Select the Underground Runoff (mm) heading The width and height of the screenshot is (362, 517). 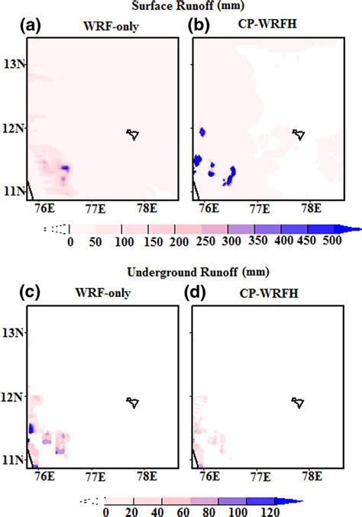click(180, 272)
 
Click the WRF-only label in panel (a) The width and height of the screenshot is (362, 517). click(101, 31)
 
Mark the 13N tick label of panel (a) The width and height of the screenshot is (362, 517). click(14, 63)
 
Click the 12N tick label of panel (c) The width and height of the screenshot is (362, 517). click(14, 396)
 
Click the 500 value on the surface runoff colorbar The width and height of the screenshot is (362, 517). click(331, 242)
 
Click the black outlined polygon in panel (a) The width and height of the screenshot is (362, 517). click(134, 134)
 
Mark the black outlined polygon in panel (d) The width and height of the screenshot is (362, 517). click(299, 403)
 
